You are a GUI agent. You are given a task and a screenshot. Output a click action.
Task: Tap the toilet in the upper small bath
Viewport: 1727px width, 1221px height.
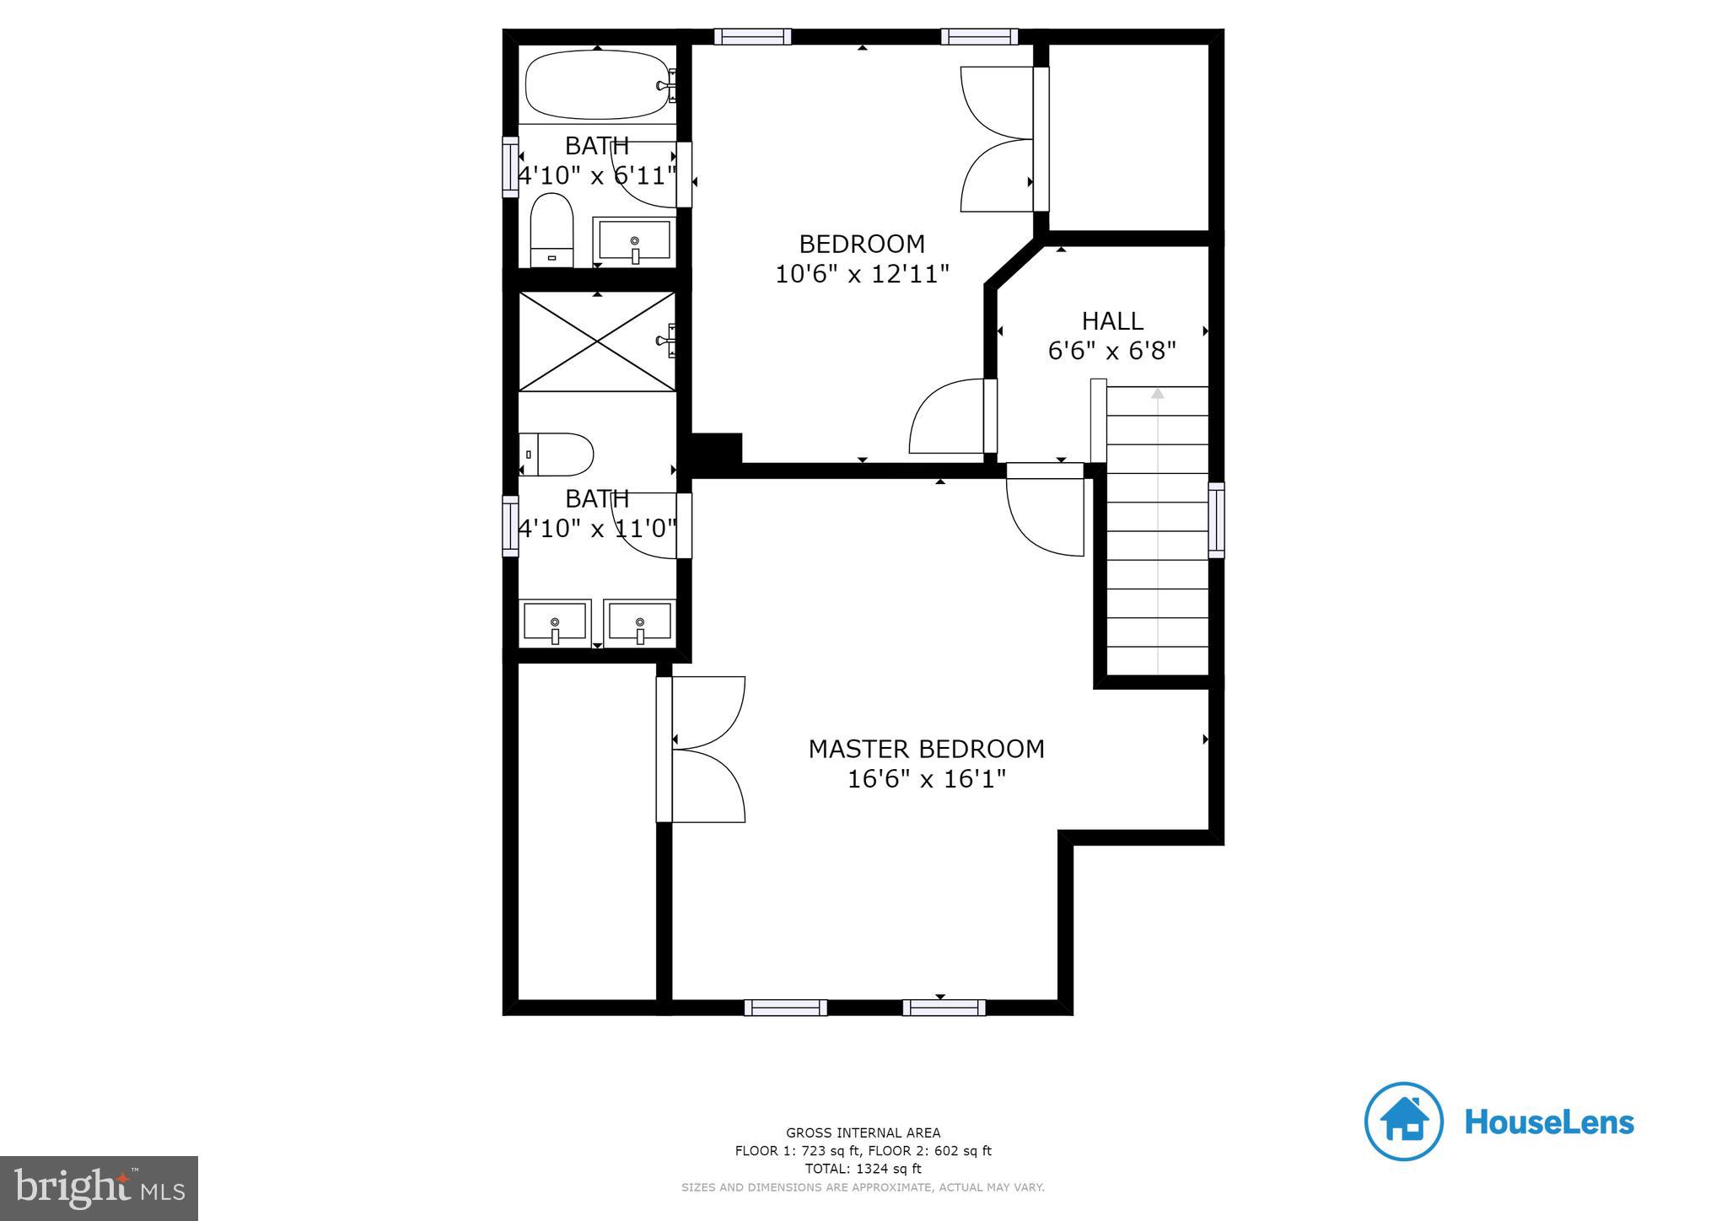click(x=551, y=230)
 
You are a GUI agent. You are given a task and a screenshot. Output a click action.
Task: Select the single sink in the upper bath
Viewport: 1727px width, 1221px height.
click(x=634, y=240)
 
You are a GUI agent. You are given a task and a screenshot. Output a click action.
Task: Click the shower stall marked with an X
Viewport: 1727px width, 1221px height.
click(x=597, y=341)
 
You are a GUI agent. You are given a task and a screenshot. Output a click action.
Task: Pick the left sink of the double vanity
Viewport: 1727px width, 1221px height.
click(x=555, y=622)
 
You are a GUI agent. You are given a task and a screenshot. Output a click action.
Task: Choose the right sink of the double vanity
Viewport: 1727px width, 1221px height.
click(x=640, y=622)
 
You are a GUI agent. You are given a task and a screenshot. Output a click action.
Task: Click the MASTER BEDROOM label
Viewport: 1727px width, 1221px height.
click(x=926, y=749)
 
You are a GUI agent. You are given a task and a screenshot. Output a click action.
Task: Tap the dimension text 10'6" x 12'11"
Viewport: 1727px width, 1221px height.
click(x=862, y=274)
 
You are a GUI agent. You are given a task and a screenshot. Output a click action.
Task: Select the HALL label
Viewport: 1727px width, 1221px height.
click(x=1112, y=320)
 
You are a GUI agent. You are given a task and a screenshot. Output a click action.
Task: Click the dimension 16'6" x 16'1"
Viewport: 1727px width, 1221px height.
click(x=926, y=779)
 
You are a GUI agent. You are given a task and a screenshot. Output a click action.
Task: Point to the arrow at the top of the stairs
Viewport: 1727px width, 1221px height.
click(x=1158, y=394)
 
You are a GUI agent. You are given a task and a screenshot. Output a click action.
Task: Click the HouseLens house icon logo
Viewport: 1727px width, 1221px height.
click(x=1403, y=1121)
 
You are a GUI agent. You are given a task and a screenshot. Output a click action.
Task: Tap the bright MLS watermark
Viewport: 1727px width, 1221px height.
click(x=100, y=1188)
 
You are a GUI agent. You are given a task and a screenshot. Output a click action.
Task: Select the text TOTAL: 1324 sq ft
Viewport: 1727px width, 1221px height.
click(x=863, y=1169)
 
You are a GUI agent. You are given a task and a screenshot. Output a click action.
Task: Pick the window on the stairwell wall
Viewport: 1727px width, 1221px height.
click(x=1215, y=519)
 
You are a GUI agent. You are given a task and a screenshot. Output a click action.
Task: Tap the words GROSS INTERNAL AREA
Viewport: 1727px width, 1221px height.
click(x=863, y=1132)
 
